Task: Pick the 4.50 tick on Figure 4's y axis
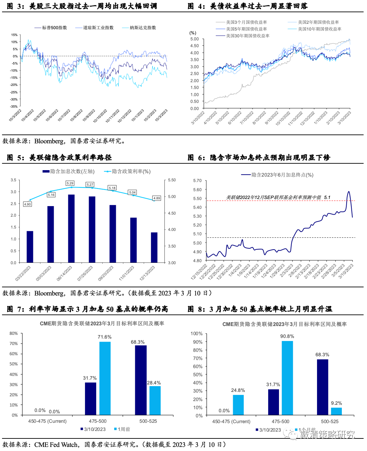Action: click(194, 46)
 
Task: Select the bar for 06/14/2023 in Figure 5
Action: click(71, 228)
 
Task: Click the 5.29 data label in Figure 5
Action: click(70, 183)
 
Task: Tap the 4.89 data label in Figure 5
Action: click(157, 198)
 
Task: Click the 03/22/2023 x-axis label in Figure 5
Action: click(23, 273)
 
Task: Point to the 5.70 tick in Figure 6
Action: click(197, 181)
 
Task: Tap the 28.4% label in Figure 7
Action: click(154, 383)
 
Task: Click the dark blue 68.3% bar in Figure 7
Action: click(141, 380)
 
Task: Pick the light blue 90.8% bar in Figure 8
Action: click(287, 378)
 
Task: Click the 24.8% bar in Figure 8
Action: click(238, 405)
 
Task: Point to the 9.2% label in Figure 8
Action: click(336, 403)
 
